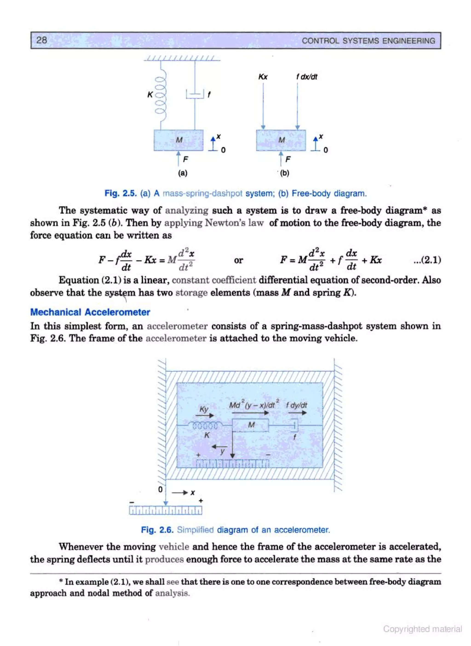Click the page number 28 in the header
tap(42, 40)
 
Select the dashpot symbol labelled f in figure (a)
tap(195, 94)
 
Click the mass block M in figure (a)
tap(179, 140)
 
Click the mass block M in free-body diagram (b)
tap(281, 140)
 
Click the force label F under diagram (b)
tap(288, 159)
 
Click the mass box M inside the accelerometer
tap(251, 425)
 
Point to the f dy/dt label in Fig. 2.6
tap(296, 405)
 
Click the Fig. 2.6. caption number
tap(157, 530)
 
